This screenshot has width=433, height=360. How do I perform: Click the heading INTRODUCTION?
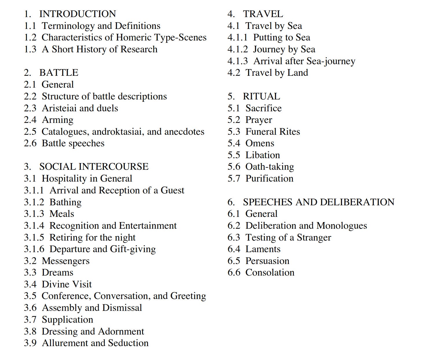tap(78, 14)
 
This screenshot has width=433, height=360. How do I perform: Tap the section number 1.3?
tap(30, 49)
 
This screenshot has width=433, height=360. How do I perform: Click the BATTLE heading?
tap(59, 73)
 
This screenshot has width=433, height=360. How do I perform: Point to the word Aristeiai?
tap(59, 108)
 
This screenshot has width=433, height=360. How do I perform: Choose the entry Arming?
tap(58, 120)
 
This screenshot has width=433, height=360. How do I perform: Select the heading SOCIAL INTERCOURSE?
tap(94, 167)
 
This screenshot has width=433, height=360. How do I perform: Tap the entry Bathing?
tap(65, 202)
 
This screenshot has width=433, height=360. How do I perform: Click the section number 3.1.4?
tap(34, 226)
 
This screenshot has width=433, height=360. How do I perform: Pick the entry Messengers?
tap(66, 261)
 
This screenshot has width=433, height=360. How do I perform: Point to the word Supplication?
tap(67, 320)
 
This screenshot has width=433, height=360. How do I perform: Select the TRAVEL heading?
tap(263, 14)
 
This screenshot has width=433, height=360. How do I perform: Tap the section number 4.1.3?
tap(238, 61)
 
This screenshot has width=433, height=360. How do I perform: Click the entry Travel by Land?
tap(277, 73)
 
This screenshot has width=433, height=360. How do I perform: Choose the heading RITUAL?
tap(261, 96)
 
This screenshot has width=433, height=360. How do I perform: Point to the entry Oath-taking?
tap(269, 167)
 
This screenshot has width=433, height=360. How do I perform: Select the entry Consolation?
tap(270, 272)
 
